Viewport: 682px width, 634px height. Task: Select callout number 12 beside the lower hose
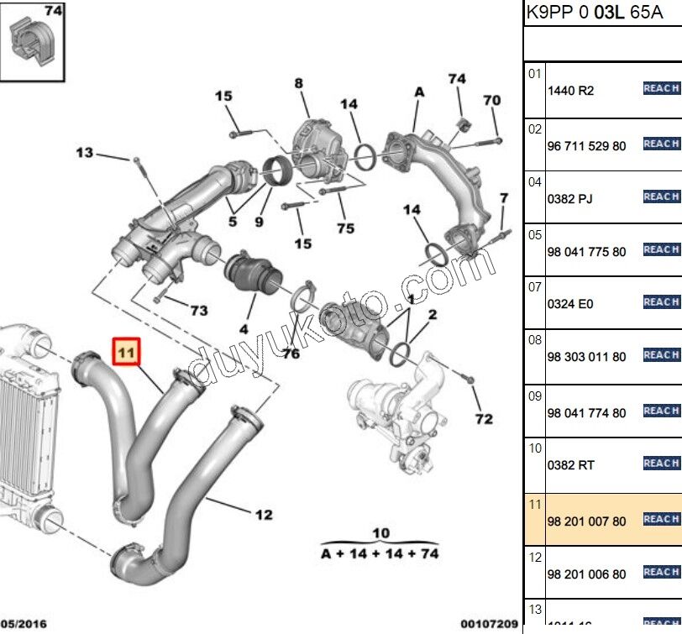(x=263, y=514)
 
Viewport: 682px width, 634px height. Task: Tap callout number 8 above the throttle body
(x=298, y=83)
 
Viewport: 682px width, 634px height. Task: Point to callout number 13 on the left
(x=85, y=152)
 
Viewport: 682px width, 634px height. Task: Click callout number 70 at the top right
(x=491, y=100)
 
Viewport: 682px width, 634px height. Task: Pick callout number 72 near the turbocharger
(x=484, y=418)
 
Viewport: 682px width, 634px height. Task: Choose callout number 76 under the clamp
(x=291, y=354)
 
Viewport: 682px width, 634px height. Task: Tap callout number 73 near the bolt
(x=198, y=311)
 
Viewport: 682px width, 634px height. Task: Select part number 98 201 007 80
(x=586, y=521)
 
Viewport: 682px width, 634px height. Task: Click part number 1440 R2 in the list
(x=570, y=91)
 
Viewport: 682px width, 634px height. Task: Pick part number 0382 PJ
(x=570, y=199)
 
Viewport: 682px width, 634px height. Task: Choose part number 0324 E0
(x=570, y=304)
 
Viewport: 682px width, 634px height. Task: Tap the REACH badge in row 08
(x=661, y=355)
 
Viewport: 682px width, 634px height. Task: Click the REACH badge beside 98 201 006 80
(x=661, y=573)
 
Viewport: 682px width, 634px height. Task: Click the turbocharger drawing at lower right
(x=396, y=411)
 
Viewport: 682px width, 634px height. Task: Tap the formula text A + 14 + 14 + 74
(x=380, y=553)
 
